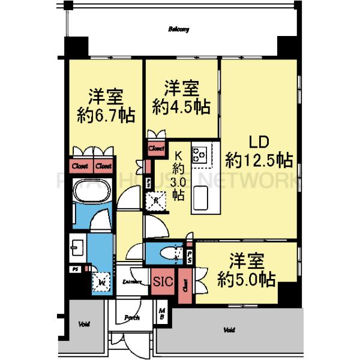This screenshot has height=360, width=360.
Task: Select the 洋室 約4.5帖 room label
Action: click(x=181, y=98)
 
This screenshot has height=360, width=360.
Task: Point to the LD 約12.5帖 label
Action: click(x=259, y=152)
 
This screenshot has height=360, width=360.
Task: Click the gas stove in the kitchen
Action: click(x=199, y=154)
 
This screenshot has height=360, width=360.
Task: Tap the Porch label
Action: click(x=131, y=317)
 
